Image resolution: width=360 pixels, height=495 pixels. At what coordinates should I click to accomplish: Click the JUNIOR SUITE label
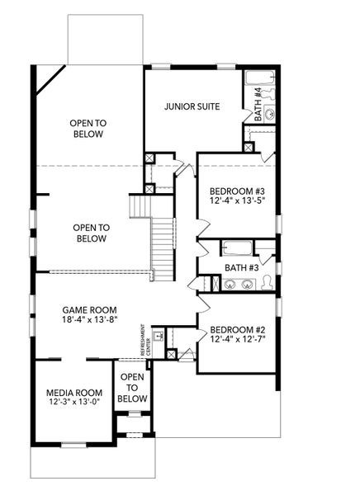191,106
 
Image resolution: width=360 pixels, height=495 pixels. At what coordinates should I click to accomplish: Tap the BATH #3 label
242,267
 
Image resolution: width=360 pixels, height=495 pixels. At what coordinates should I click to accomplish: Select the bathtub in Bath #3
237,248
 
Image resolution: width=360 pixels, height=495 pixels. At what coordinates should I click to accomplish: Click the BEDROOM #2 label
236,327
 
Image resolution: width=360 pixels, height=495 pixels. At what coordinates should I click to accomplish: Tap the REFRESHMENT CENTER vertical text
144,338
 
